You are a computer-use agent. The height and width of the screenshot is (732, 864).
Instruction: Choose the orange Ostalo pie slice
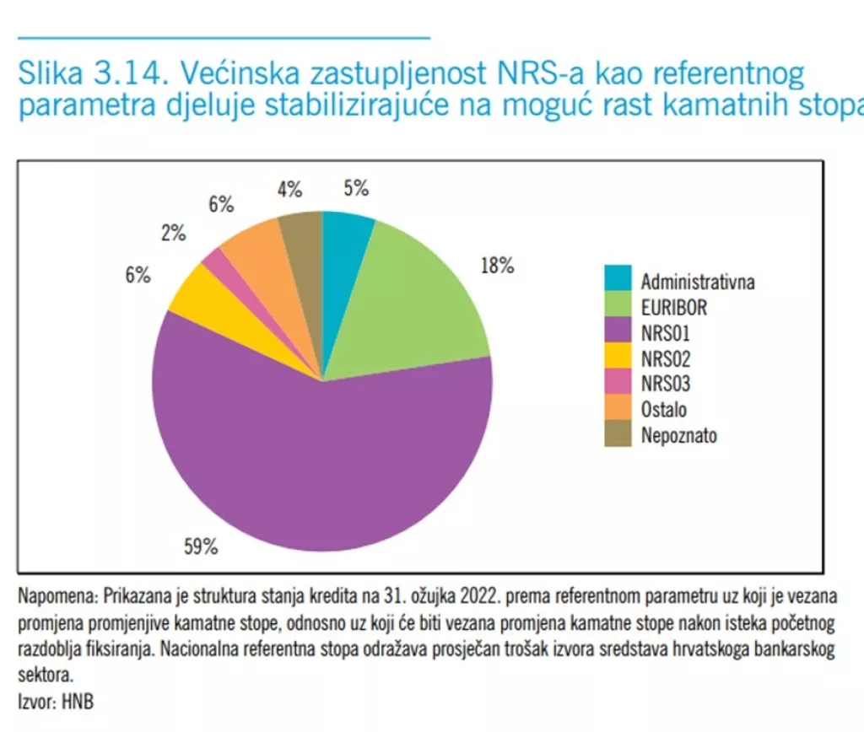[253, 257]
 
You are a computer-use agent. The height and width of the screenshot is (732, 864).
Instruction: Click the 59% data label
[201, 546]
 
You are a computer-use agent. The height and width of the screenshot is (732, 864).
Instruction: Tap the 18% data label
[497, 266]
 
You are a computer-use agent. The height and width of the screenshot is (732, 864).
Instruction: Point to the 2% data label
[173, 234]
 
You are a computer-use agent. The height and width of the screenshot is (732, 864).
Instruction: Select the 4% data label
[289, 190]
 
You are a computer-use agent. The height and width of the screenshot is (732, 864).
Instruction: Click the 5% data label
[356, 189]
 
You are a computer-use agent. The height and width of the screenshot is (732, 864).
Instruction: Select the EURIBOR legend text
[673, 308]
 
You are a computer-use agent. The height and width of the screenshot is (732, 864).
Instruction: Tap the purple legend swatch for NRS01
[617, 331]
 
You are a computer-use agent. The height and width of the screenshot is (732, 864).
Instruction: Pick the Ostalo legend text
[663, 410]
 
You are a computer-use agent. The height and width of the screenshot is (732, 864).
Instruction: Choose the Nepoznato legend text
[678, 435]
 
